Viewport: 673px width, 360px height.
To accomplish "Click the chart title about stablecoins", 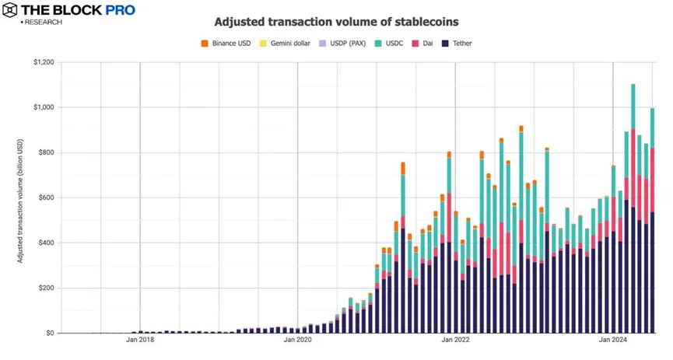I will click(336, 21).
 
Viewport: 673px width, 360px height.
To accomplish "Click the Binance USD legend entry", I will click(230, 44).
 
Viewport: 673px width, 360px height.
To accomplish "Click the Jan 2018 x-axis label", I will click(141, 340).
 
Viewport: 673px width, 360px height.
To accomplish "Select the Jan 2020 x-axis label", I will click(298, 340).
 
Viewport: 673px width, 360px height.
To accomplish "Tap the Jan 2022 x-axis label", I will click(455, 340).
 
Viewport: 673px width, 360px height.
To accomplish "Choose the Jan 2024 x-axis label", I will click(612, 340).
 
